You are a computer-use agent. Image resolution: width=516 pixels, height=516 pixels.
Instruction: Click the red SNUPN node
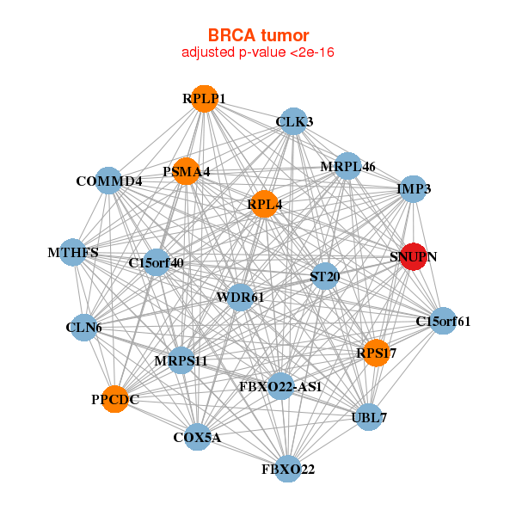[414, 256]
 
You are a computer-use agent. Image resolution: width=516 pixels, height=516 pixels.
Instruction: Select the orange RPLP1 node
[204, 98]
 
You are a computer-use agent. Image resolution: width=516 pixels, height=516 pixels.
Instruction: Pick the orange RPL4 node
[264, 204]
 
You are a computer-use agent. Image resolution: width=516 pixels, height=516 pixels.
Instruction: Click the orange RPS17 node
[376, 353]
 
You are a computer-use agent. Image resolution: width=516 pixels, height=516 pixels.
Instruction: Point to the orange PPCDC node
[115, 399]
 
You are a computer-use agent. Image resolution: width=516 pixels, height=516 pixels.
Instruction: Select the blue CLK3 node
[294, 121]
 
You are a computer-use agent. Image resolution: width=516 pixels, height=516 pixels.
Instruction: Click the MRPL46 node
[347, 165]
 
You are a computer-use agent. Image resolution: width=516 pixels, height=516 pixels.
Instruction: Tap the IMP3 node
[414, 188]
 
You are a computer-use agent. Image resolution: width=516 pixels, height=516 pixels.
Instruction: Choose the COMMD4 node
[108, 181]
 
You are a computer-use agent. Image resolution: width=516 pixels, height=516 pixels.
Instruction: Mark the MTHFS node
[73, 253]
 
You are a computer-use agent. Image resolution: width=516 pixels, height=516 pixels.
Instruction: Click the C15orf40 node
[157, 261]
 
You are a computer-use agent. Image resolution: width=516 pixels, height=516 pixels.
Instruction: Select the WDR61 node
[241, 297]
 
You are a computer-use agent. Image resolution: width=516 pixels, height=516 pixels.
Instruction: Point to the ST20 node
[324, 276]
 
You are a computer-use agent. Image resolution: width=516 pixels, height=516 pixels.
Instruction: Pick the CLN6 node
[83, 328]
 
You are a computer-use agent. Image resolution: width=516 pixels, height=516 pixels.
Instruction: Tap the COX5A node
[197, 437]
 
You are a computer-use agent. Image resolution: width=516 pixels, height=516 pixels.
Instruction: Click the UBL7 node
[369, 417]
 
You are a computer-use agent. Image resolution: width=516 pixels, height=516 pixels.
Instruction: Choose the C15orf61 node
[443, 322]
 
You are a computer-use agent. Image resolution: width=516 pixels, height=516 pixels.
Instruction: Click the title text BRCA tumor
[258, 35]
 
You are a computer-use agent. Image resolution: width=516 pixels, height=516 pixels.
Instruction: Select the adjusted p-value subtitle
[258, 52]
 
